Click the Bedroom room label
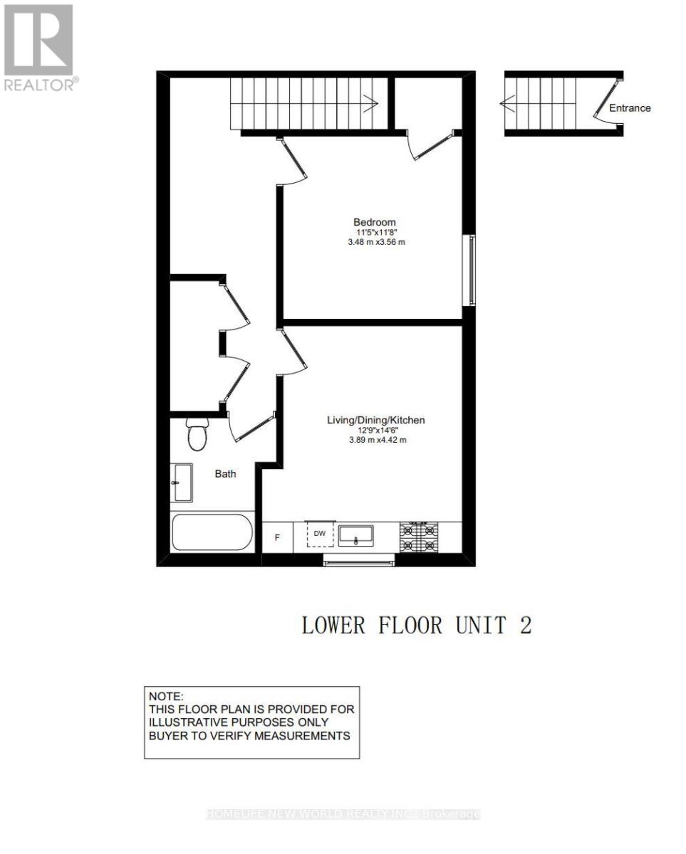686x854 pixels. [375, 221]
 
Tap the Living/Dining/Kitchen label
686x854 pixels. [375, 420]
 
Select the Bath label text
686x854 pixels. [226, 473]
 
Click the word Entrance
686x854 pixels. [630, 108]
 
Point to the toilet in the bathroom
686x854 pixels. [197, 434]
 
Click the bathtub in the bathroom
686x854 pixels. [212, 533]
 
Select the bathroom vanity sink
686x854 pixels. [182, 482]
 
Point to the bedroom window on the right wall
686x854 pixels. [472, 270]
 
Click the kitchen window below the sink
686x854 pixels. [359, 562]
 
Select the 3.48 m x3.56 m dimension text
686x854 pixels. [376, 242]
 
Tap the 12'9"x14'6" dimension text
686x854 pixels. [375, 430]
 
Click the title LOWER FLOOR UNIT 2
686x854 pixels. [417, 626]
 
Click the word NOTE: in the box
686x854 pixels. [166, 696]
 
